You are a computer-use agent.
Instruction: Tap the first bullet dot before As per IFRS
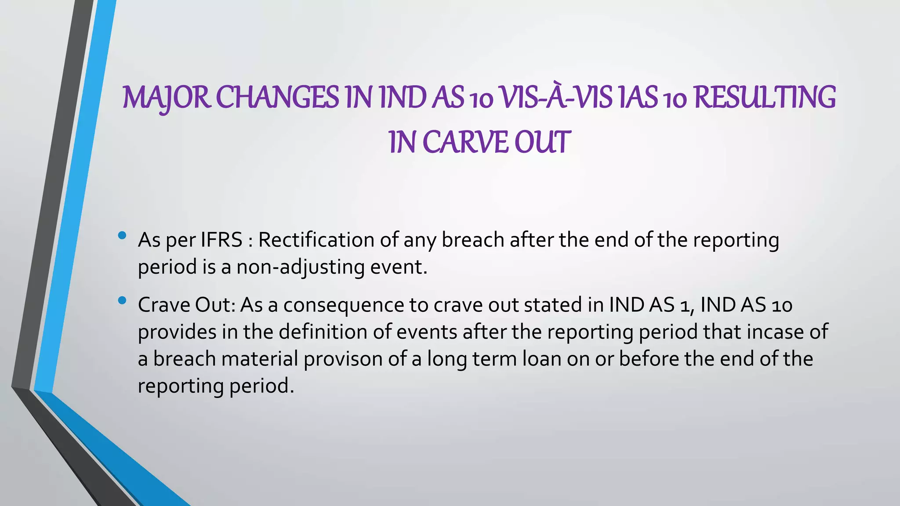click(x=122, y=236)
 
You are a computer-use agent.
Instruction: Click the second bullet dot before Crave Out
click(x=122, y=301)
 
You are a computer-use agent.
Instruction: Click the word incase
click(x=775, y=332)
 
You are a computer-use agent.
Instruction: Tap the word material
click(x=260, y=359)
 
